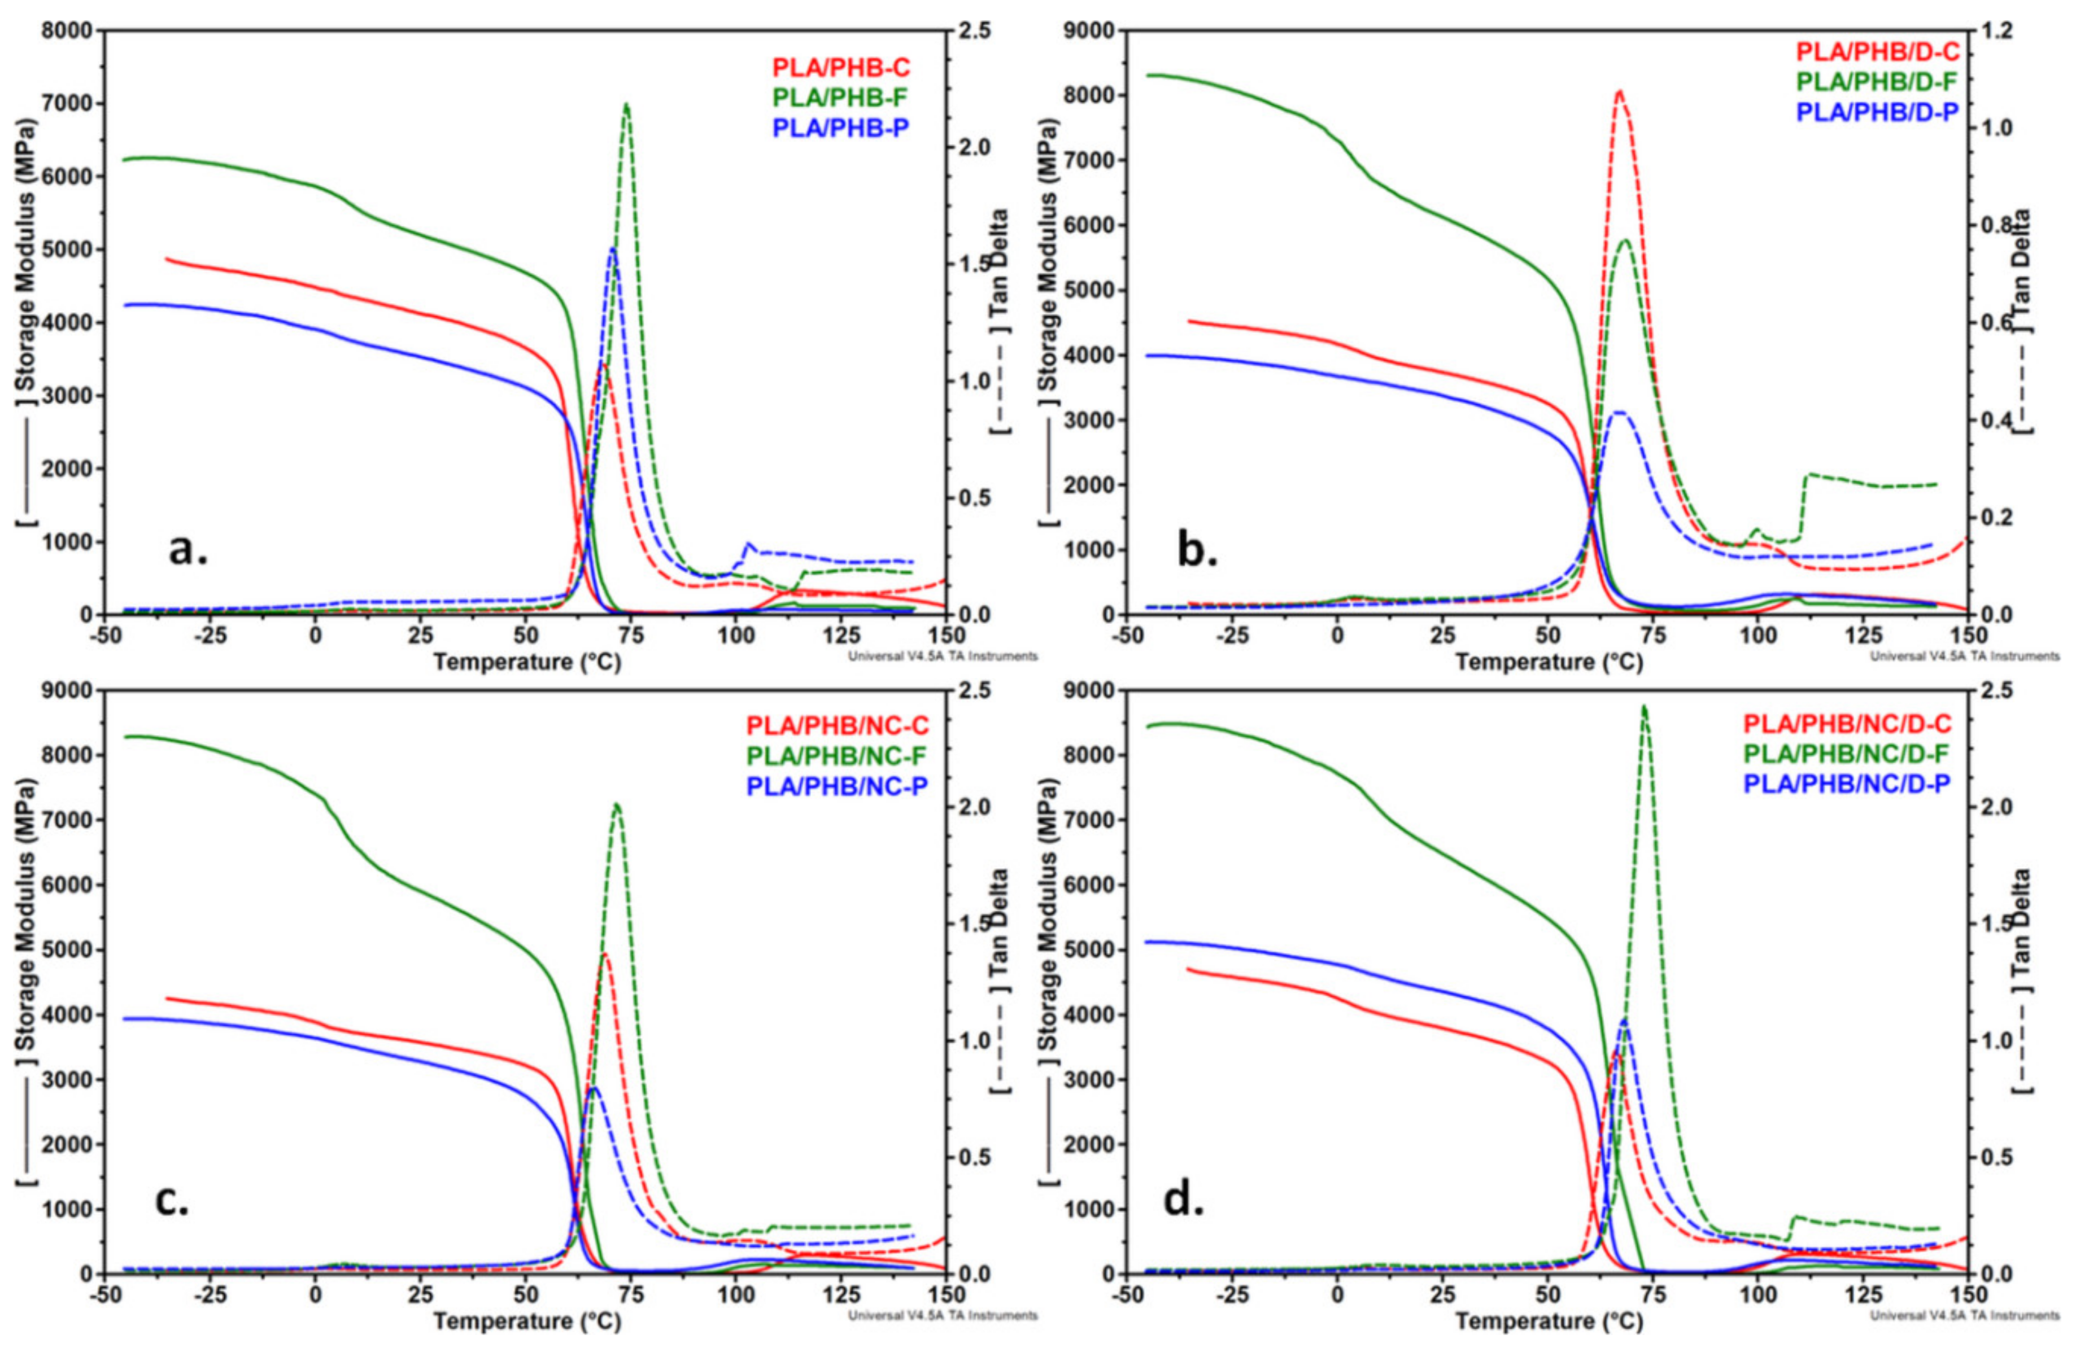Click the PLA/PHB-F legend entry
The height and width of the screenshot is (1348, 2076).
pyautogui.click(x=841, y=98)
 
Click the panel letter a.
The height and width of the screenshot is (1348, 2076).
pyautogui.click(x=187, y=550)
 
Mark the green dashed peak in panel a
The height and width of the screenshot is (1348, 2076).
pyautogui.click(x=625, y=104)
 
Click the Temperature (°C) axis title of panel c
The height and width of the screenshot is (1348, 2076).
pyautogui.click(x=527, y=1321)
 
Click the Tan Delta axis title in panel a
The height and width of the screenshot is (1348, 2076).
pyautogui.click(x=1001, y=323)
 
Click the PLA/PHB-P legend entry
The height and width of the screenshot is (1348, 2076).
pyautogui.click(x=841, y=128)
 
